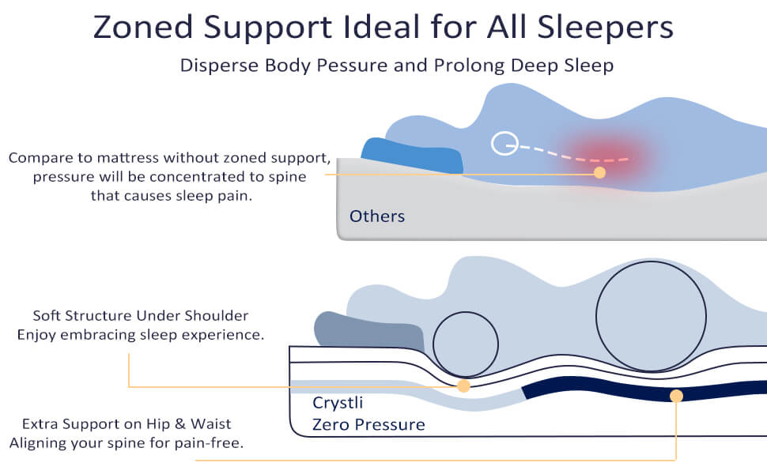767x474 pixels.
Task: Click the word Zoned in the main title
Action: point(143,27)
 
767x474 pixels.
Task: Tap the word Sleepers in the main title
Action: point(606,27)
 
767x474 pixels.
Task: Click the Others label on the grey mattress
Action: point(377,216)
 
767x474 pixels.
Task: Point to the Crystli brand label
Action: point(338,403)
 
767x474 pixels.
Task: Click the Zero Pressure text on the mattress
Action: point(368,424)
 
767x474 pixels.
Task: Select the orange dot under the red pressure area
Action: point(599,172)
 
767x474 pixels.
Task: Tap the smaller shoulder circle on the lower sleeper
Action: point(466,313)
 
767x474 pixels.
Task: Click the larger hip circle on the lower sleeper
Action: point(651,261)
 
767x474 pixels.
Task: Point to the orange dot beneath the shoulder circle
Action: point(463,386)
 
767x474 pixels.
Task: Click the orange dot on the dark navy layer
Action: point(677,396)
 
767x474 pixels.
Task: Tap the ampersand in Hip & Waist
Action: point(180,423)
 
